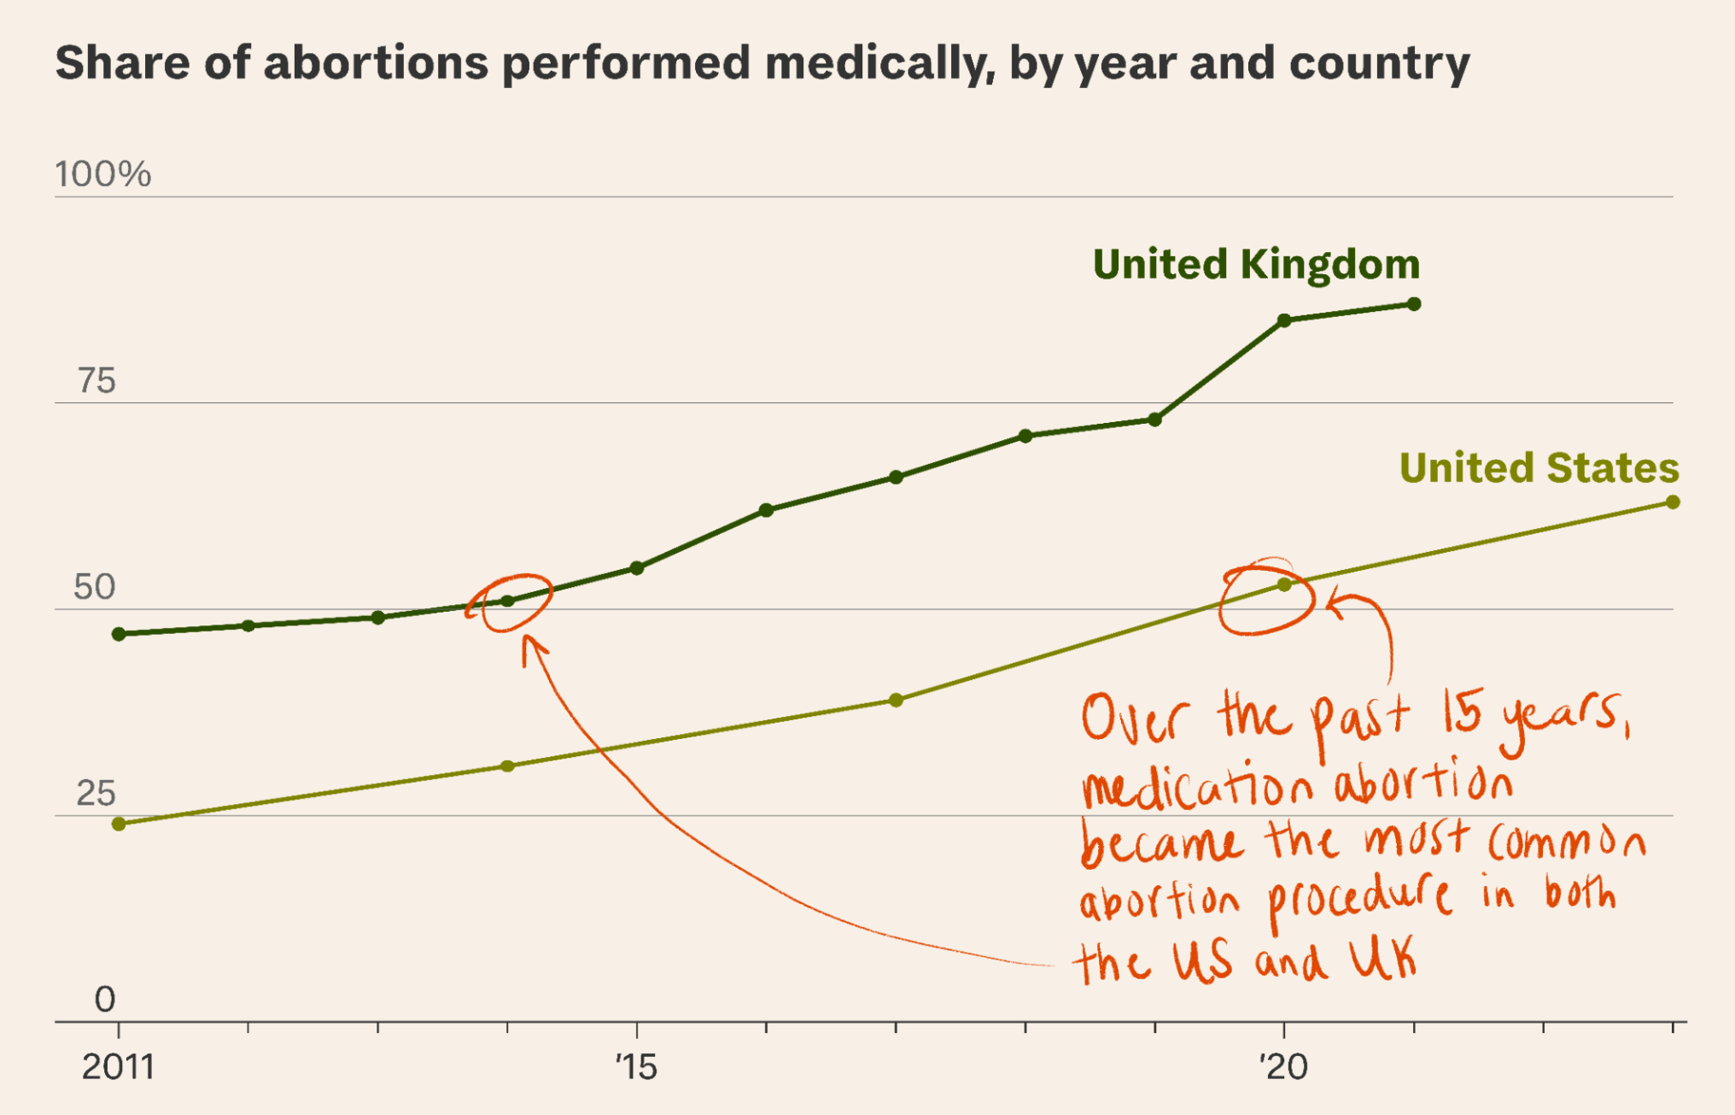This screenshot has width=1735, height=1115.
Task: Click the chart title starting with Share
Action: [762, 63]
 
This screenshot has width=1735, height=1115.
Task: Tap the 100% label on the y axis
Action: [103, 174]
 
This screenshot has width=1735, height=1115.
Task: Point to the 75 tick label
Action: [96, 381]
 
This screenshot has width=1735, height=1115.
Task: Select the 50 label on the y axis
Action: [95, 588]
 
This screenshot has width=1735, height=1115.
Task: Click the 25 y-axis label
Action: [96, 794]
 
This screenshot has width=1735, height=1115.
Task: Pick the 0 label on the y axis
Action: [105, 999]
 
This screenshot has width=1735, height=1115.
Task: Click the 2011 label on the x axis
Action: [119, 1067]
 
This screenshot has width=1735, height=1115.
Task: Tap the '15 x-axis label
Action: [636, 1067]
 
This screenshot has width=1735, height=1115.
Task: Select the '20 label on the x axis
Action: [1283, 1067]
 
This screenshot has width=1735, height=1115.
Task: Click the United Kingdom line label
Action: [1256, 264]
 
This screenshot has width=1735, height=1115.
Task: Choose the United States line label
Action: [1539, 468]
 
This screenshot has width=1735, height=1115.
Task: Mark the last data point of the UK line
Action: [1414, 304]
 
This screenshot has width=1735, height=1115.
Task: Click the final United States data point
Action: [1673, 502]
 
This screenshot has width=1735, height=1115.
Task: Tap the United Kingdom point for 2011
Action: [120, 634]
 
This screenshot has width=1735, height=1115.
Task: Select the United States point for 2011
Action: [120, 824]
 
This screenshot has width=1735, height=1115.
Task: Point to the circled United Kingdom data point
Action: [508, 601]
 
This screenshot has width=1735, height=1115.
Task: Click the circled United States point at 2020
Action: [1284, 584]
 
